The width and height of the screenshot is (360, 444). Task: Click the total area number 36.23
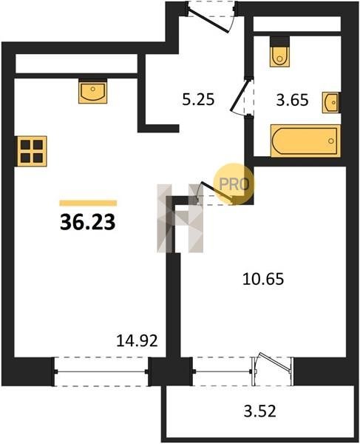point(88,222)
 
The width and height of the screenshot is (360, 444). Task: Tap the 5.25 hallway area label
point(198,100)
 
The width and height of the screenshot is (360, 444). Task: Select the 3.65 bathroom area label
point(292,100)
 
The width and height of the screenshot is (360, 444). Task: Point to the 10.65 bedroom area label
point(263,279)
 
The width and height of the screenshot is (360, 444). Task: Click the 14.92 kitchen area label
point(137,340)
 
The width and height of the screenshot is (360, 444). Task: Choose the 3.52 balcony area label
point(260,411)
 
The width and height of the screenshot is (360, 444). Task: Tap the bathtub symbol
point(305,141)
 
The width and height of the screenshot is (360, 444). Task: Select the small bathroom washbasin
point(331,102)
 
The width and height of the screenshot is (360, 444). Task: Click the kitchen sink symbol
point(92,91)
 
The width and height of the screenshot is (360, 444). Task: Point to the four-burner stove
point(32,151)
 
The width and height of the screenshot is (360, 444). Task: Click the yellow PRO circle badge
point(234,184)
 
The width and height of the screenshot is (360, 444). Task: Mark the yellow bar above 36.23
point(88,203)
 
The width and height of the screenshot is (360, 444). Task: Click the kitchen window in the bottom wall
point(101,371)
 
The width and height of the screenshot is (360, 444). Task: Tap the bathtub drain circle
point(331,141)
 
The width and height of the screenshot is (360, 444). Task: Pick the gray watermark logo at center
point(180,218)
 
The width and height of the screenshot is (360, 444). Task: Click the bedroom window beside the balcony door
point(223,371)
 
